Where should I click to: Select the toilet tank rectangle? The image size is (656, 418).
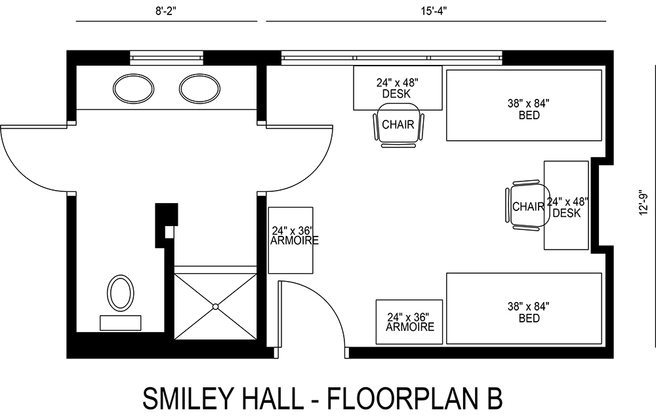point(120,322)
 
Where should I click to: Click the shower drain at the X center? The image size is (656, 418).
point(215,306)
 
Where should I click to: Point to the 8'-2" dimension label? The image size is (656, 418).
point(166,10)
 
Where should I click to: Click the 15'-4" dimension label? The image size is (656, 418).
point(435,10)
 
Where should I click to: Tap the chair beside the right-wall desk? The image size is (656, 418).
point(527,207)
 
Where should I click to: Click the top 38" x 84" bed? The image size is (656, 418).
point(523,105)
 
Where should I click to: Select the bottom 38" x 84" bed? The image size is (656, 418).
point(523,309)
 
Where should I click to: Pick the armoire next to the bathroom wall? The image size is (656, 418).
point(291,240)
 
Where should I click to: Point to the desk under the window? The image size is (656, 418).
point(398,87)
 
